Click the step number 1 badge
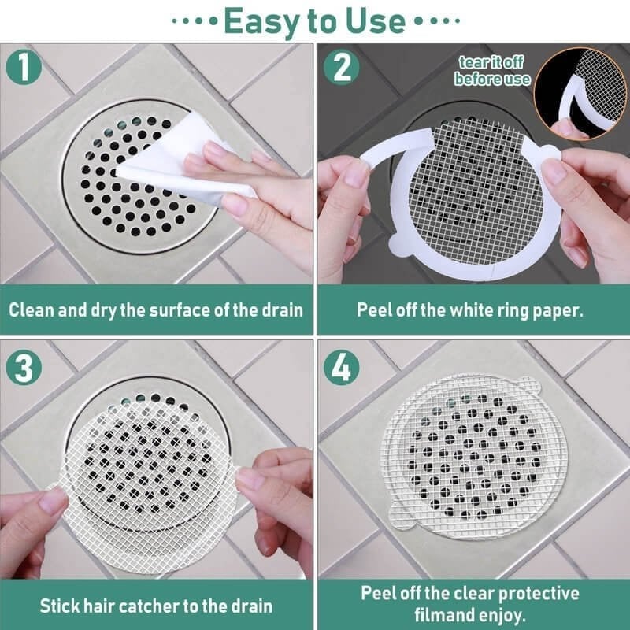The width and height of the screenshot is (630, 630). [28, 66]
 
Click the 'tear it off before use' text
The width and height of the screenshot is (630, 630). [492, 71]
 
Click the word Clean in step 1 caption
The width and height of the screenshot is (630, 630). [32, 309]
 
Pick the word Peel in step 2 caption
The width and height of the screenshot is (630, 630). [374, 309]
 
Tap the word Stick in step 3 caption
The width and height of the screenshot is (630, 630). [62, 606]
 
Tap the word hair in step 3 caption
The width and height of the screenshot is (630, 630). [105, 606]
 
